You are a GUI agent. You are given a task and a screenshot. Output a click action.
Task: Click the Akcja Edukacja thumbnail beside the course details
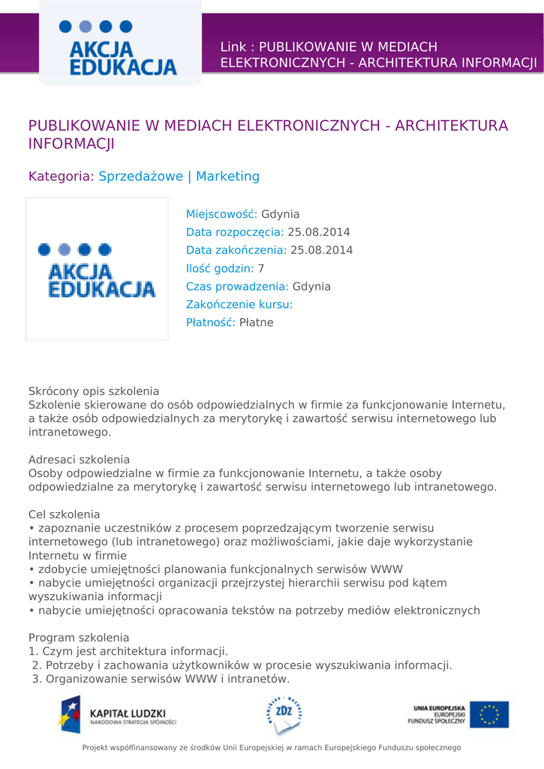tap(97, 269)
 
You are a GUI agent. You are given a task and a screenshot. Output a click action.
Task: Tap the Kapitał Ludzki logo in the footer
tap(117, 716)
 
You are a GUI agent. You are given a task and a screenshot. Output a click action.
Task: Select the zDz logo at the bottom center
tap(284, 715)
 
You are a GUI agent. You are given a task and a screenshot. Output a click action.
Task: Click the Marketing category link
tap(227, 176)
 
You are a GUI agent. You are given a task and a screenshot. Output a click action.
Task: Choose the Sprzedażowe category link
tap(141, 176)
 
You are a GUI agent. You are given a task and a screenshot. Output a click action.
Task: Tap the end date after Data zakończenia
tap(321, 250)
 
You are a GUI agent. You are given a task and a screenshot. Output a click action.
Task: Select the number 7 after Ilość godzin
tap(261, 268)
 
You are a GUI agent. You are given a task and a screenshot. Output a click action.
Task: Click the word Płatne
tap(256, 322)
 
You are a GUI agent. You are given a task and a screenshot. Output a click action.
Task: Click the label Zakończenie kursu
tap(239, 304)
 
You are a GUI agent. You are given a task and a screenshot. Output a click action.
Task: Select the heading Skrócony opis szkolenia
tap(94, 391)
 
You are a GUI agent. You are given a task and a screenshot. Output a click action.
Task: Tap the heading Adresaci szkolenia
tap(79, 459)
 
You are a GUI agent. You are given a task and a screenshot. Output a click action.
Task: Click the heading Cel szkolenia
tap(64, 514)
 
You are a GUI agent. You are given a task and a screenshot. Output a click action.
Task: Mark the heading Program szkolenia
tap(79, 637)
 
